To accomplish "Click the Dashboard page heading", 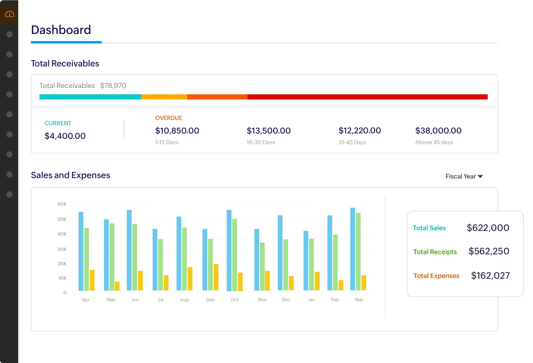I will (61, 30).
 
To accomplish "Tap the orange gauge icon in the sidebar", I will (10, 14).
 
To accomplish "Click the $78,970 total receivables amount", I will (113, 86).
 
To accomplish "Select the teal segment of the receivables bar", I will (90, 97).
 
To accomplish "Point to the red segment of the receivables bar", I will (367, 97).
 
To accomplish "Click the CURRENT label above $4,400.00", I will (58, 123).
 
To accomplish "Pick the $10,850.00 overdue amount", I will (177, 131).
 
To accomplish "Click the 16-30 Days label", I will (261, 142).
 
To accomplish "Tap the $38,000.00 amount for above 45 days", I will (438, 131).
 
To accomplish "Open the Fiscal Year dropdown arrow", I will (480, 176).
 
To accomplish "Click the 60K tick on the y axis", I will (62, 204).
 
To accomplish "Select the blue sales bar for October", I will (229, 250).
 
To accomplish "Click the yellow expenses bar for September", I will (216, 277).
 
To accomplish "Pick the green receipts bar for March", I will (358, 251).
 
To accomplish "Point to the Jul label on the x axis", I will (160, 299).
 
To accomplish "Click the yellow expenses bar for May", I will (117, 286).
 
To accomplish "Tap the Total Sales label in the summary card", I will (429, 228).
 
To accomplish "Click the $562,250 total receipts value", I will (489, 251).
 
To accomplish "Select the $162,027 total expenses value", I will (490, 276).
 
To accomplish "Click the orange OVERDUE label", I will (169, 118).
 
